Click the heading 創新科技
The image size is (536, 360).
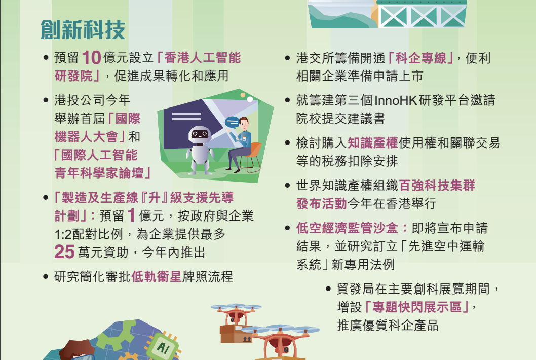click(x=83, y=30)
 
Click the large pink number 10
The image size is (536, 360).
click(x=91, y=57)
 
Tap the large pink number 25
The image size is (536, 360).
click(x=64, y=252)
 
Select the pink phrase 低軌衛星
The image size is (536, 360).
click(x=156, y=276)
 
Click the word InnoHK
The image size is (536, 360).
click(x=396, y=100)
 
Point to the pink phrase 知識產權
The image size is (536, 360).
click(x=372, y=142)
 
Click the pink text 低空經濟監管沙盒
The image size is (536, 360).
click(x=348, y=228)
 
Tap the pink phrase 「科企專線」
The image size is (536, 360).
click(x=421, y=58)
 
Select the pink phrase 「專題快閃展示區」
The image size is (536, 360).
click(x=417, y=307)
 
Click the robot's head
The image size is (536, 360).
click(x=199, y=135)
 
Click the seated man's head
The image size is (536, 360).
click(x=244, y=123)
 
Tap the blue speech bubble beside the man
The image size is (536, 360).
click(x=232, y=122)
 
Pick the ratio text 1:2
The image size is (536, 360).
click(x=63, y=234)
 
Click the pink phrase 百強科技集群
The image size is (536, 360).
click(x=437, y=186)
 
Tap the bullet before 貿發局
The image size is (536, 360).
click(x=328, y=289)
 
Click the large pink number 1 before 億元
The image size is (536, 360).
click(x=131, y=215)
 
